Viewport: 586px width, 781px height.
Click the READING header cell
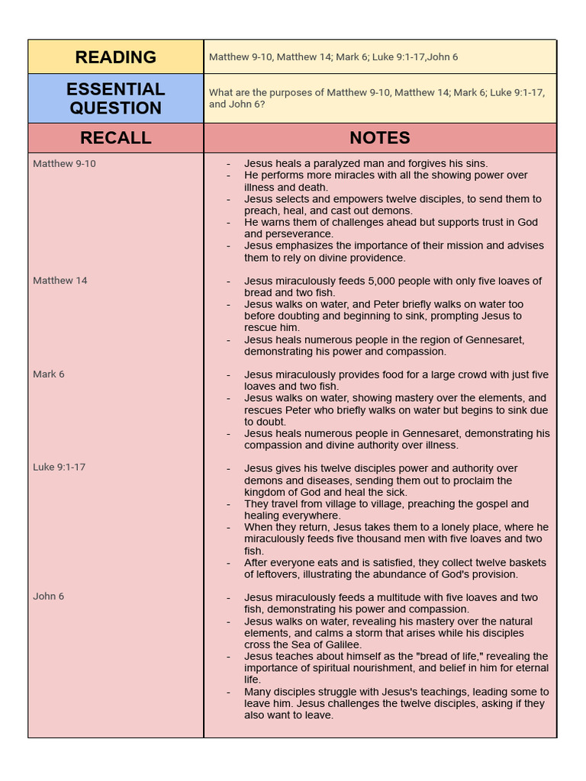point(116,57)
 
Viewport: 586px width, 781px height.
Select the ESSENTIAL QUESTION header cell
point(116,98)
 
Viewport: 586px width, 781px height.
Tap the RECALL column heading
point(116,138)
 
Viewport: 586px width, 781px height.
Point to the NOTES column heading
point(380,138)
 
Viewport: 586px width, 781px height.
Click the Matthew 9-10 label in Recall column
point(64,163)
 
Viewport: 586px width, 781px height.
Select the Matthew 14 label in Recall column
point(60,281)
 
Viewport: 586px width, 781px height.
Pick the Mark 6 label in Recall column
point(49,374)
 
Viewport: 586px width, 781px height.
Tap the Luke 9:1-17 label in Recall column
point(59,467)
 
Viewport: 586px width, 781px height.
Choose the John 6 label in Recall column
point(49,596)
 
